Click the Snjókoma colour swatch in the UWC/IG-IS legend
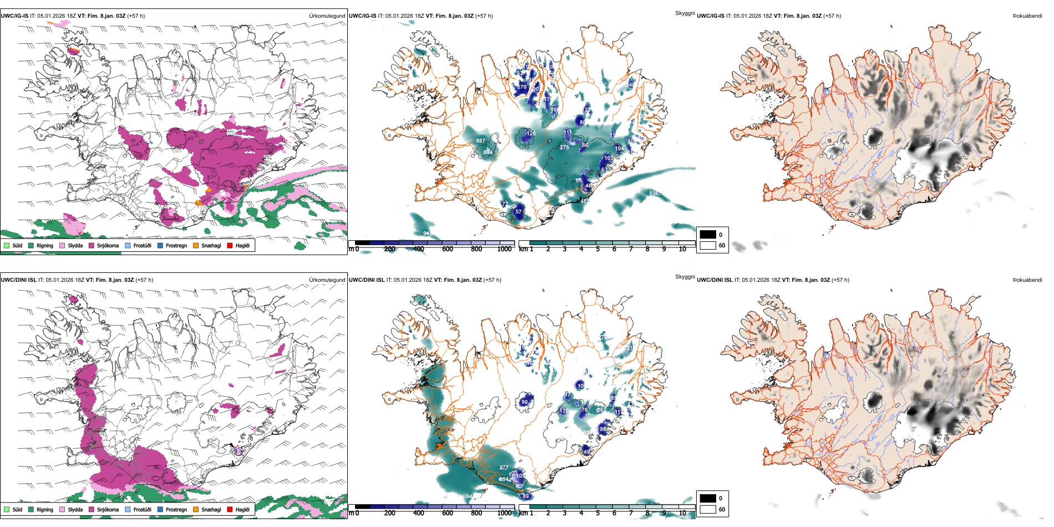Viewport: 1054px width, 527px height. click(92, 245)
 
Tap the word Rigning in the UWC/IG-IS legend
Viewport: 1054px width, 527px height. click(45, 245)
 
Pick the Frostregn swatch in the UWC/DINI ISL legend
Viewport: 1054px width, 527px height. click(160, 509)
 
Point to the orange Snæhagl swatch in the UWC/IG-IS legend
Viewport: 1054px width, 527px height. click(196, 245)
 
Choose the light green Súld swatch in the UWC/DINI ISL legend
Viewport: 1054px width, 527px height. click(7, 509)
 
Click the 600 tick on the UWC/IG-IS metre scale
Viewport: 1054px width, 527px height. click(447, 249)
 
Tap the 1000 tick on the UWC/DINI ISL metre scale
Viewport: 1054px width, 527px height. click(504, 513)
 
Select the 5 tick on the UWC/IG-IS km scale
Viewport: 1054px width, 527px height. click(597, 249)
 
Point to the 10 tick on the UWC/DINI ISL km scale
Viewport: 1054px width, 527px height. click(682, 513)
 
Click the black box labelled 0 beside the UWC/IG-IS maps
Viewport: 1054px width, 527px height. click(708, 235)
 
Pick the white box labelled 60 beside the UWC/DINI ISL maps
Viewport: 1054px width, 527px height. click(708, 509)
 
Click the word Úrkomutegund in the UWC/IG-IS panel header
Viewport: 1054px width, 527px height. click(327, 16)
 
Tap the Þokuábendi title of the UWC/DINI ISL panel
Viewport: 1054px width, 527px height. click(1027, 280)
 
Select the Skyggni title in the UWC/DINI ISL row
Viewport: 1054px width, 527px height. click(685, 276)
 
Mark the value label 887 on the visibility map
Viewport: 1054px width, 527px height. click(480, 141)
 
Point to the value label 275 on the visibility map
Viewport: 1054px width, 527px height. click(564, 148)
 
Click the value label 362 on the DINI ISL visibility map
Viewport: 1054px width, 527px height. click(601, 410)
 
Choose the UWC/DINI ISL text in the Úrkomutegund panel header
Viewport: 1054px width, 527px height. click(18, 280)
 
